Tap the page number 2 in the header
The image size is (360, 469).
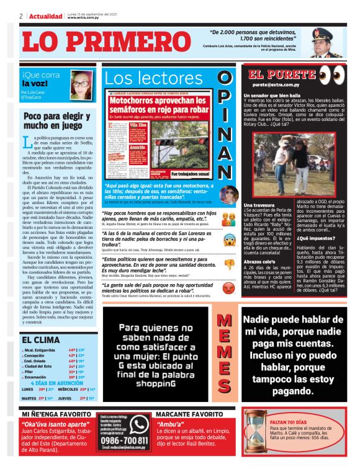(x=21, y=16)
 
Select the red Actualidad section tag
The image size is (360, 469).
(x=46, y=16)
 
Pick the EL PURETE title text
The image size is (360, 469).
(x=276, y=74)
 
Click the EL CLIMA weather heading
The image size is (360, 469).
(x=40, y=339)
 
